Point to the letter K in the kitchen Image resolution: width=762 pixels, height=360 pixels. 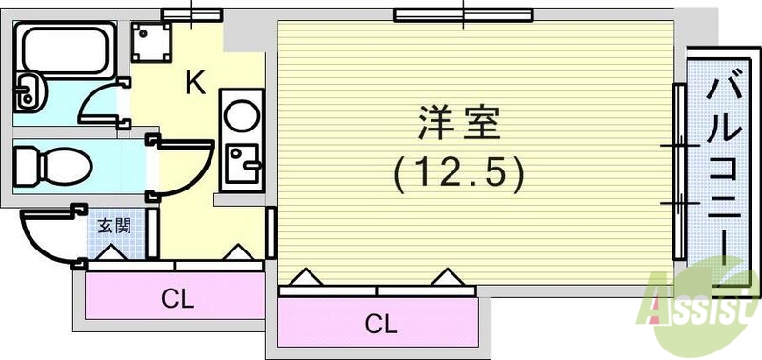(x=194, y=85)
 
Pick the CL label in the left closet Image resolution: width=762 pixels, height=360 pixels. (x=177, y=300)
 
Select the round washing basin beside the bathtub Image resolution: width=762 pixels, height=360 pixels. (x=28, y=91)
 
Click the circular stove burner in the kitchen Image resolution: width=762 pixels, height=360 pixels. (x=241, y=116)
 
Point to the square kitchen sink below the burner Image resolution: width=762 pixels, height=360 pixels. (x=240, y=165)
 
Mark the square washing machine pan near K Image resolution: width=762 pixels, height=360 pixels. (x=152, y=42)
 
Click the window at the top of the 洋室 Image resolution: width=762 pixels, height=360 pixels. (x=463, y=14)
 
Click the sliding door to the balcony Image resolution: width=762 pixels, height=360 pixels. (x=680, y=171)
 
